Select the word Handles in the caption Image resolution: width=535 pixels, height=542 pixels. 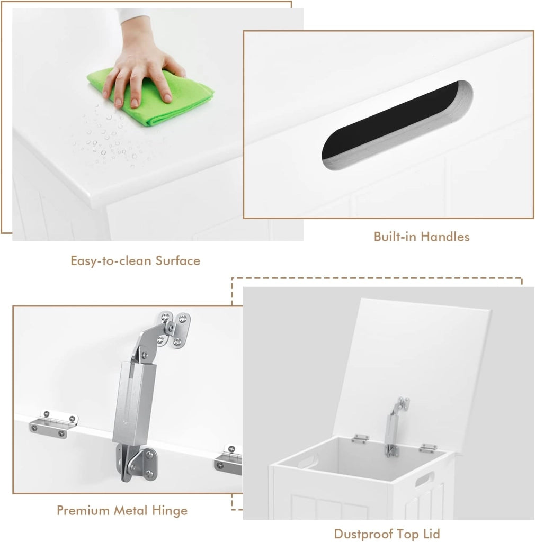pos(445,237)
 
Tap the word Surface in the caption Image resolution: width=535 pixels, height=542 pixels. pos(178,260)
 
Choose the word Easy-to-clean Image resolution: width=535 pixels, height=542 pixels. pos(111,260)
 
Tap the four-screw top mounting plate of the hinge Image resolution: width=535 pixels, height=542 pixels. pos(175,329)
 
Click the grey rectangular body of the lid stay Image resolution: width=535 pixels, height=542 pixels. pos(134,403)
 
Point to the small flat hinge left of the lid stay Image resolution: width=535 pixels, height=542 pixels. pos(53,424)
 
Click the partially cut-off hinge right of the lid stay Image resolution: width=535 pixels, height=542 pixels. pos(228,460)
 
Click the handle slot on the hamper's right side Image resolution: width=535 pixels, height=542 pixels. pos(425,478)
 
